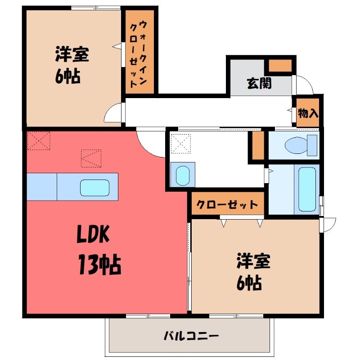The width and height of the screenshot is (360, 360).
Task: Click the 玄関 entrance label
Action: pyautogui.click(x=259, y=83)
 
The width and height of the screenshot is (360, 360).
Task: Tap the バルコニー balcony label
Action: pyautogui.click(x=191, y=336)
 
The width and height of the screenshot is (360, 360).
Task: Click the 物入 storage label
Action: pyautogui.click(x=308, y=112)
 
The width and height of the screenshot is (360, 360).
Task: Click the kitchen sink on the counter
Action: pyautogui.click(x=95, y=187)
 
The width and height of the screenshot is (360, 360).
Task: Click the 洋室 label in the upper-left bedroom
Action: pyautogui.click(x=72, y=55)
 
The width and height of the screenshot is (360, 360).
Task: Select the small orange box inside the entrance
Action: pyautogui.click(x=280, y=66)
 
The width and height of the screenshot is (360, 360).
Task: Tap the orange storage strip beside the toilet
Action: pyautogui.click(x=257, y=145)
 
